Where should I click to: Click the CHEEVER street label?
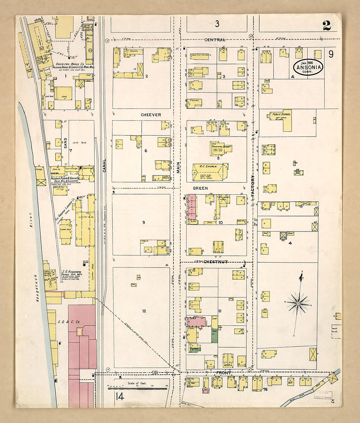coord(151,115)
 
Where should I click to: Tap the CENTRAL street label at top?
coord(215,40)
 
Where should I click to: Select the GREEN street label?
coord(200,188)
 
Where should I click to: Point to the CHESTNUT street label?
coord(215,262)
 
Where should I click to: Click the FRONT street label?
coord(224,373)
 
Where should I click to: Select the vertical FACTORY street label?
coord(253,186)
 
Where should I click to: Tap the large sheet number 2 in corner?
coord(326,26)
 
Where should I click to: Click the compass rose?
coord(298,303)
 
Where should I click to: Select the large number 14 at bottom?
coord(119,397)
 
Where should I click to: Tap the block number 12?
coord(144,311)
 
